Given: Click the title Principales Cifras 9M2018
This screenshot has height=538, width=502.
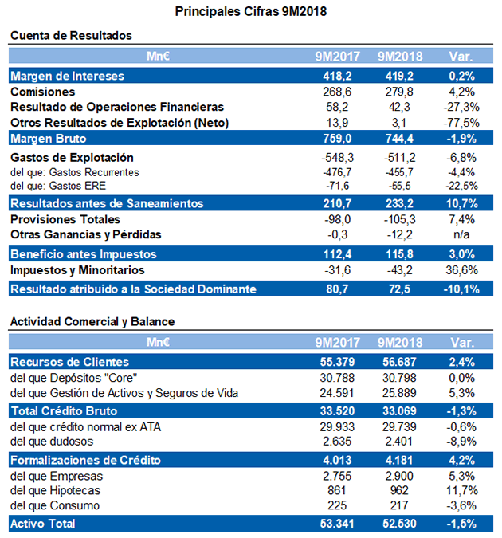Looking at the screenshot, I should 251,11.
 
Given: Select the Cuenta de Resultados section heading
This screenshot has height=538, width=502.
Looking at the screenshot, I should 71,36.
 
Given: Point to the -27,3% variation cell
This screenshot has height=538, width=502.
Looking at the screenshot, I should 461,107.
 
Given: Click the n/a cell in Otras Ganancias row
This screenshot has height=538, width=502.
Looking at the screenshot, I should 461,234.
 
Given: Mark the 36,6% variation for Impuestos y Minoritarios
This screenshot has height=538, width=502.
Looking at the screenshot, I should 461,270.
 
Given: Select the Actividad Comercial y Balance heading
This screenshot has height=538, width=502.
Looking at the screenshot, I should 92,321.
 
